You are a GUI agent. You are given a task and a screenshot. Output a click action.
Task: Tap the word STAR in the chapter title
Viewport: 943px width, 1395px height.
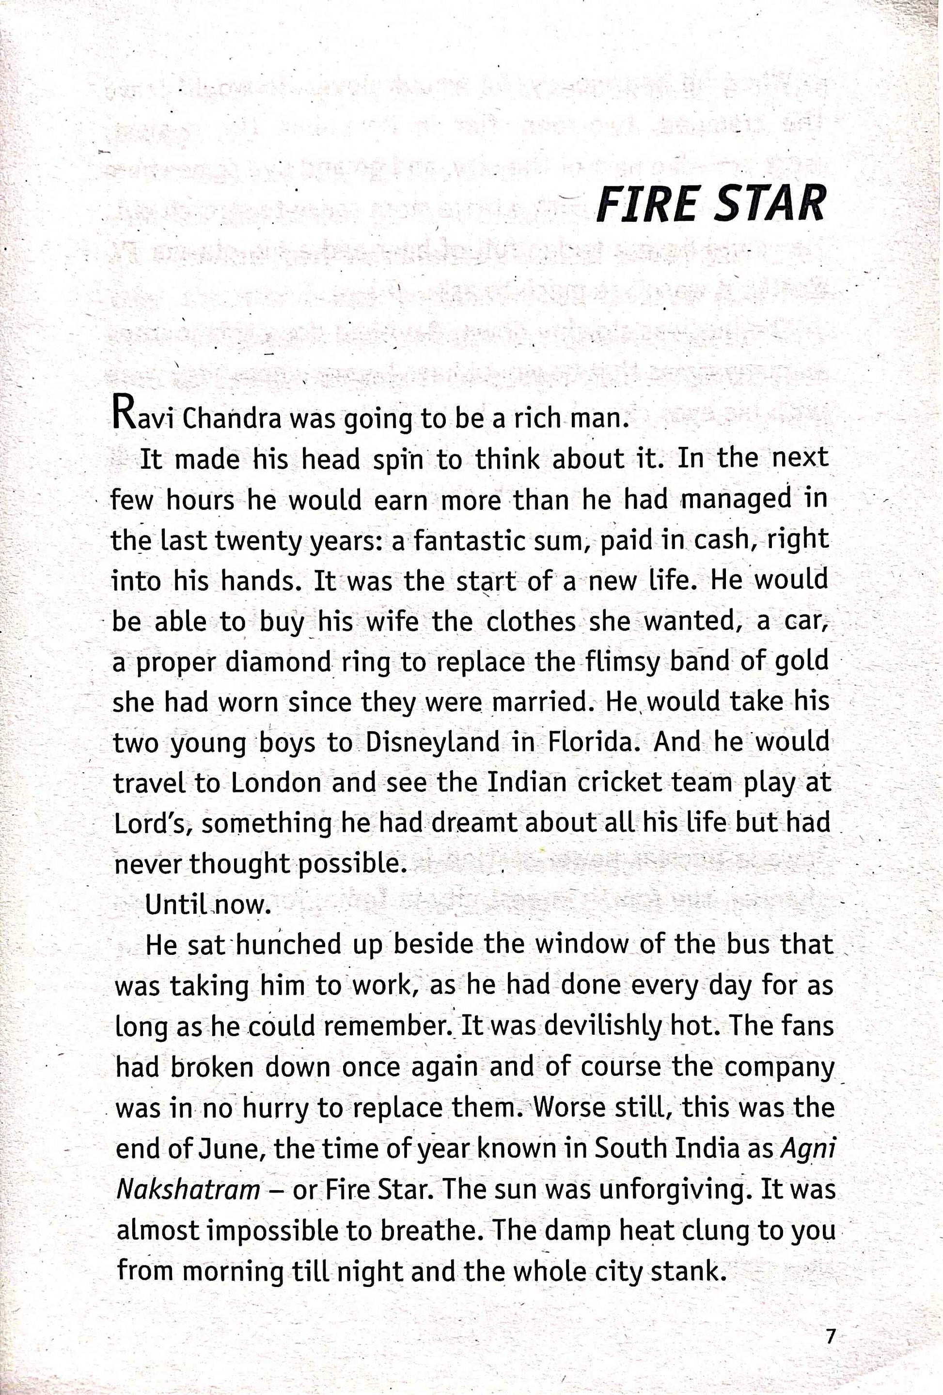pyautogui.click(x=770, y=204)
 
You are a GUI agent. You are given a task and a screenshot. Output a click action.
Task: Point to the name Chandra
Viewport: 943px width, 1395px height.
pyautogui.click(x=231, y=418)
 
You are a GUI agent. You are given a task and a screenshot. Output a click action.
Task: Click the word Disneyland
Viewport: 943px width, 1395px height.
pyautogui.click(x=432, y=742)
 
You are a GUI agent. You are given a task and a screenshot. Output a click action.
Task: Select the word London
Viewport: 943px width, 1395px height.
pyautogui.click(x=276, y=783)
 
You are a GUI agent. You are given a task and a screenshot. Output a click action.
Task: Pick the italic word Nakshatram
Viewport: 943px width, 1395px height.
pyautogui.click(x=188, y=1189)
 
